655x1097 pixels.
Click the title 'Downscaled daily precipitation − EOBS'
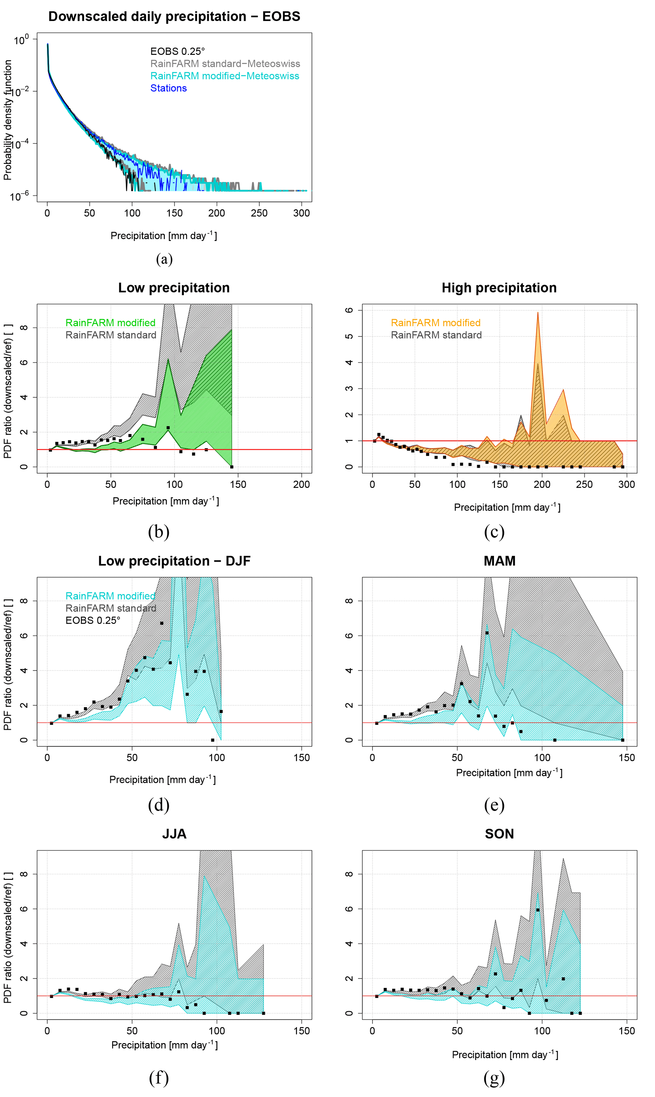(174, 16)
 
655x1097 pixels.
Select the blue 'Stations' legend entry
(168, 88)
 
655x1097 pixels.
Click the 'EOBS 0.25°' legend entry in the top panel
(177, 52)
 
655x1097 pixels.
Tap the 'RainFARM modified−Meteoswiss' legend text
(225, 76)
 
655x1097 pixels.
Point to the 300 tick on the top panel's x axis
(301, 213)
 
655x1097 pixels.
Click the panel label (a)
(164, 259)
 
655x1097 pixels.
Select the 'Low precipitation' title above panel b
(174, 288)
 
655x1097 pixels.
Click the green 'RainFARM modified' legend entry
(110, 323)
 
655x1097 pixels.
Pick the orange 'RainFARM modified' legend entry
(436, 323)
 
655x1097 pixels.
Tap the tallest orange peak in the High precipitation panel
(537, 313)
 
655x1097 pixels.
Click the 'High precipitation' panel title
(499, 288)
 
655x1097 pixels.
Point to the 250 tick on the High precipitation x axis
(584, 484)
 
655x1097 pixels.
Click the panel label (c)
(494, 532)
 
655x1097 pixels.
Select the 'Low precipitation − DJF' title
(174, 561)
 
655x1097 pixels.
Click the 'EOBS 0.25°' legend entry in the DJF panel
(93, 620)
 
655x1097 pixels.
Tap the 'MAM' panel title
(499, 561)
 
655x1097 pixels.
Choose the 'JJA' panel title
(174, 834)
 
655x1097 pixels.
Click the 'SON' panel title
(499, 834)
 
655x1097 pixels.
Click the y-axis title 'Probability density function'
(8, 120)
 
